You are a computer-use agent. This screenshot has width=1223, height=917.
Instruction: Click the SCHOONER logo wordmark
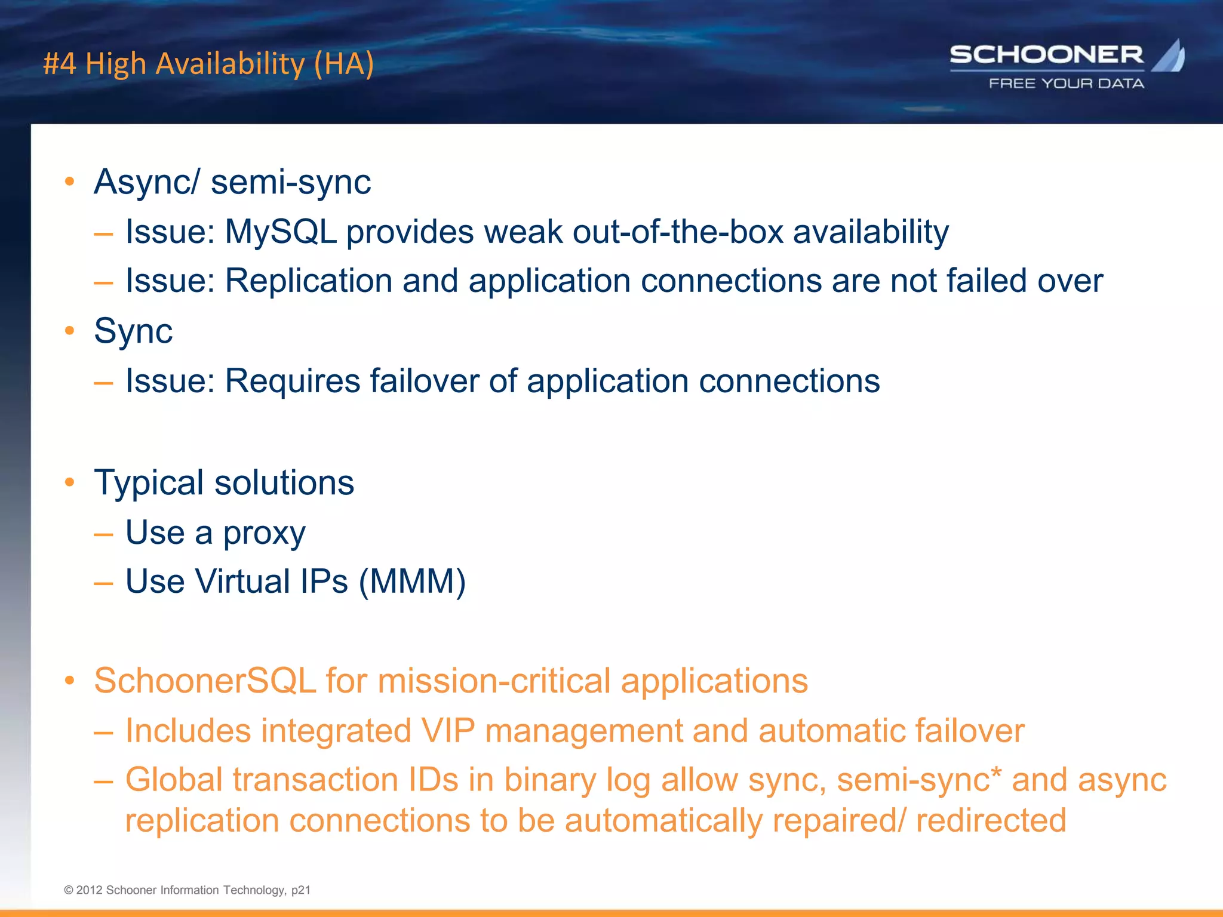(x=1046, y=55)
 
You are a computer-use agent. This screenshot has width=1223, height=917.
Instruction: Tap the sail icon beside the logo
(x=1169, y=57)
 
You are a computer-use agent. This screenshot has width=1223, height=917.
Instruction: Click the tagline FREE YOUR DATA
(x=1067, y=84)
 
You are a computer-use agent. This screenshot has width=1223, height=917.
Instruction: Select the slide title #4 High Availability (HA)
(x=208, y=63)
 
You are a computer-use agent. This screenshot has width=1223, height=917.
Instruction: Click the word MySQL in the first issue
(x=281, y=232)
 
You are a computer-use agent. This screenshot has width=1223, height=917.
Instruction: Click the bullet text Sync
(x=133, y=331)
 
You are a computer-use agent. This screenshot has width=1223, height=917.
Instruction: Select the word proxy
(x=265, y=533)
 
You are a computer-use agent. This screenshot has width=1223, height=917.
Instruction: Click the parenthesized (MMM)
(x=412, y=581)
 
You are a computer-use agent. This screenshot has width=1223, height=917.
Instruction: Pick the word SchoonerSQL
(x=205, y=681)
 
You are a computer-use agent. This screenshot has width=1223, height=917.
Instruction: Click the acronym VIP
(x=448, y=731)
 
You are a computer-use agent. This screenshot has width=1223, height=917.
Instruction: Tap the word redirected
(x=991, y=820)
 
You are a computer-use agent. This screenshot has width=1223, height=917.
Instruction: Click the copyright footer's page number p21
(x=301, y=890)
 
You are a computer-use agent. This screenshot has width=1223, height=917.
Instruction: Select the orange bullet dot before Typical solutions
(x=70, y=482)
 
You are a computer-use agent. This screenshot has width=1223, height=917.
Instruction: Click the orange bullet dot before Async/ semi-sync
(x=70, y=181)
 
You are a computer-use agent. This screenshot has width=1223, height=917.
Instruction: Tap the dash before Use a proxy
(x=103, y=533)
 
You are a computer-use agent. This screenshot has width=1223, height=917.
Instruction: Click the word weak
(x=523, y=232)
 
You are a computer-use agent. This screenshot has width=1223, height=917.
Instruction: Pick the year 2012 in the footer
(x=89, y=890)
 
